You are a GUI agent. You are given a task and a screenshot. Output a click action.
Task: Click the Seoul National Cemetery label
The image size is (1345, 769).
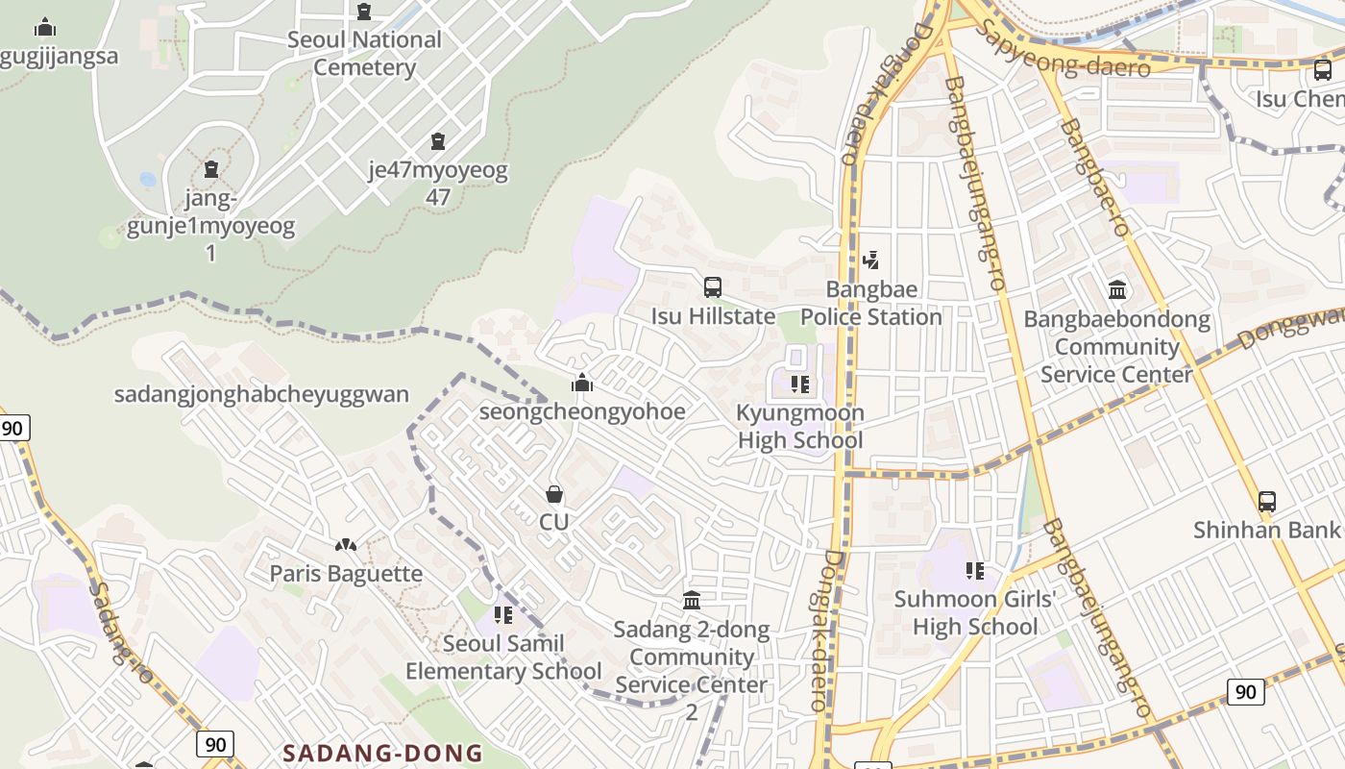pyautogui.click(x=364, y=54)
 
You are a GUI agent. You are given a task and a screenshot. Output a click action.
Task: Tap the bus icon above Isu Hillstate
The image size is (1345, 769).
pyautogui.click(x=713, y=286)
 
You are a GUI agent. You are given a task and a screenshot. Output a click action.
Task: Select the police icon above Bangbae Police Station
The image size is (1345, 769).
pyautogui.click(x=870, y=260)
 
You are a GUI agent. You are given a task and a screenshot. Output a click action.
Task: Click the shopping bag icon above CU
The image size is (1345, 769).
pyautogui.click(x=554, y=494)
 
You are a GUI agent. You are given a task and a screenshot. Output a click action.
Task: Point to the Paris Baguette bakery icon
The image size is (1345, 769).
pyautogui.click(x=346, y=545)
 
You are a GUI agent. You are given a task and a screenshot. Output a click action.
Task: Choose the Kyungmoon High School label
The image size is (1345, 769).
pyautogui.click(x=799, y=427)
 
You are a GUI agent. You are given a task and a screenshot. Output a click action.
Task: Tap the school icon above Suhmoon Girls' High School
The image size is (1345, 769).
pyautogui.click(x=975, y=571)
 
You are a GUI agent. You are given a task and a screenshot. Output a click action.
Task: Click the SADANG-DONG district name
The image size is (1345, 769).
pyautogui.click(x=382, y=753)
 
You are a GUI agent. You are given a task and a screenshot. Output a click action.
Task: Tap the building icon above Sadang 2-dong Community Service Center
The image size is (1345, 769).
pyautogui.click(x=692, y=601)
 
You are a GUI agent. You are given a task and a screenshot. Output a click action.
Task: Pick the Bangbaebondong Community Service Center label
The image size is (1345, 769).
pyautogui.click(x=1116, y=347)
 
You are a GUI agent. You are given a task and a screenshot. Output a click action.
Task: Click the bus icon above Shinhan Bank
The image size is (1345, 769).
pyautogui.click(x=1267, y=501)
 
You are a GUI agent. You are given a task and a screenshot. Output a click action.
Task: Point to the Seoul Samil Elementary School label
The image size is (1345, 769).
pyautogui.click(x=503, y=657)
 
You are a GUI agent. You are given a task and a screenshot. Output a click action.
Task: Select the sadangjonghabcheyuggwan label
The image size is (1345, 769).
pyautogui.click(x=261, y=394)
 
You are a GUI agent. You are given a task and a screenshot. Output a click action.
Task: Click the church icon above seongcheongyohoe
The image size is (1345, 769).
pyautogui.click(x=582, y=384)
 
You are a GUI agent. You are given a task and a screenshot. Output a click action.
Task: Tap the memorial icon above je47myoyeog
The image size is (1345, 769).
pyautogui.click(x=438, y=141)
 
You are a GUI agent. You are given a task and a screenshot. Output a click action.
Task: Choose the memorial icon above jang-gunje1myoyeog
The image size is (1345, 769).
pyautogui.click(x=211, y=169)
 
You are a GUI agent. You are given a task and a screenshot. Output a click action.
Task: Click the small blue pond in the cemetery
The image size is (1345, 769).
pyautogui.click(x=147, y=179)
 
